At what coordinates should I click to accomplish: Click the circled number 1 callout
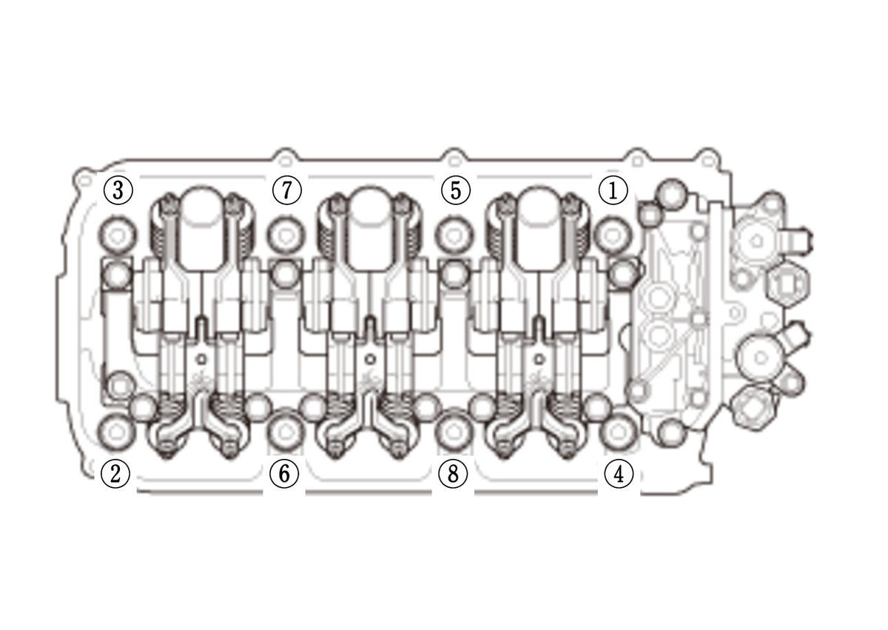coord(613,190)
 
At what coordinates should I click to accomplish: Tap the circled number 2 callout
coord(115,474)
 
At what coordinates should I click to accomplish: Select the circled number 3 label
coord(118,190)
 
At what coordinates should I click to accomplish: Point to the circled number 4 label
coord(619,474)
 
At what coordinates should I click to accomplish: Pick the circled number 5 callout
coord(456,190)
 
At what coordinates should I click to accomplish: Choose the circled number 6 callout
coord(284,474)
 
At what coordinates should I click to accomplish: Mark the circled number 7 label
coord(287,190)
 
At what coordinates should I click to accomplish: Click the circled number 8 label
coord(453,474)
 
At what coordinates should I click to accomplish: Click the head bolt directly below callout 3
coord(118,236)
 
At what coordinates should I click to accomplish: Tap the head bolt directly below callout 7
coord(286,236)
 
